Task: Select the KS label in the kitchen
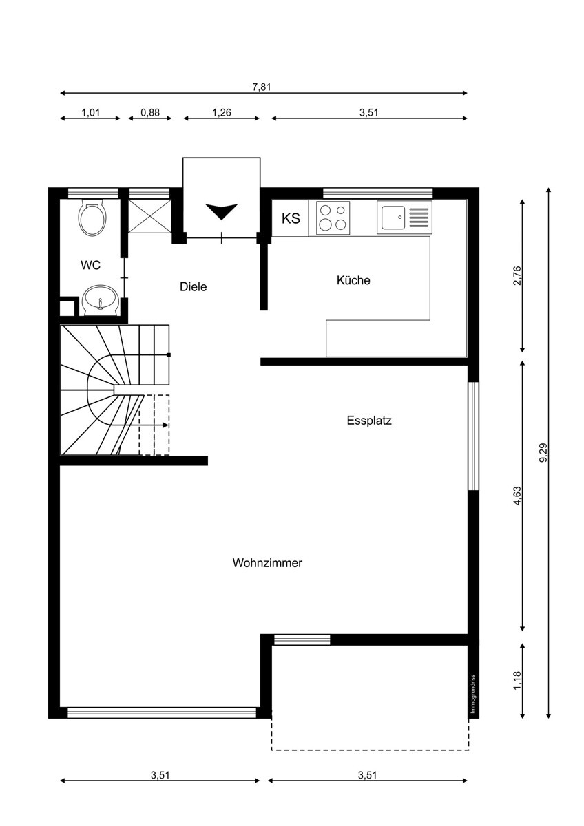291,218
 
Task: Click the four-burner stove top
333,218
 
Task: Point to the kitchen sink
404,218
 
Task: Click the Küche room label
353,280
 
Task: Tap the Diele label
194,286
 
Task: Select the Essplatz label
369,421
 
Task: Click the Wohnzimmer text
267,563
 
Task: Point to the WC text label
90,265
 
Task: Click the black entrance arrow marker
221,211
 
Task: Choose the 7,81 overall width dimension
262,87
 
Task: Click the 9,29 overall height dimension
543,452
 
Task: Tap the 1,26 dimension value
221,112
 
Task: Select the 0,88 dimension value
149,112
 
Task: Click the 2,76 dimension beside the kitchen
517,275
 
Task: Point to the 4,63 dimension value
517,496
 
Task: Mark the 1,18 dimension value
517,680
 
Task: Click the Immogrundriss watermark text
474,694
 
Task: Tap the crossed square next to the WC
149,216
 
